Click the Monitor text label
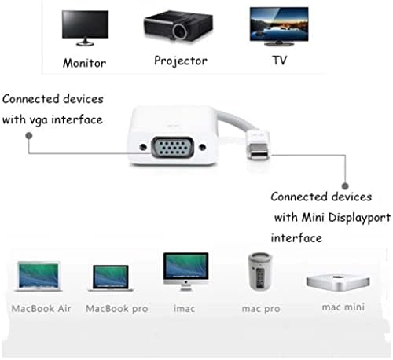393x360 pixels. point(84,63)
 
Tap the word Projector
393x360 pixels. point(181,61)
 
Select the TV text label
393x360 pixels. point(280,61)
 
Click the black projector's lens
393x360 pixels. point(180,31)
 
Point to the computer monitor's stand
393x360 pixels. point(85,42)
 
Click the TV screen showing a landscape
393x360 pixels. point(279,24)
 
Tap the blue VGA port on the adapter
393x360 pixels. point(173,148)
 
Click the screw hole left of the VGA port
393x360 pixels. point(143,147)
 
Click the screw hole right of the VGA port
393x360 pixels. point(203,148)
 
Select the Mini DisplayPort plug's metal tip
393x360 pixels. point(259,152)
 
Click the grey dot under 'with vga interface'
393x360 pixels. point(29,135)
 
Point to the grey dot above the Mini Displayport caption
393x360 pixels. point(345,186)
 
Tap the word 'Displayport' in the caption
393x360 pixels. point(359,218)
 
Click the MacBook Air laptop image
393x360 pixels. point(39,277)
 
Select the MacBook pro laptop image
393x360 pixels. point(111,278)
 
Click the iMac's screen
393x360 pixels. point(186,266)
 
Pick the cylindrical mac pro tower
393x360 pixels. point(260,271)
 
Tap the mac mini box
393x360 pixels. point(338,282)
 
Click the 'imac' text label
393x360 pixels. point(184,308)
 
